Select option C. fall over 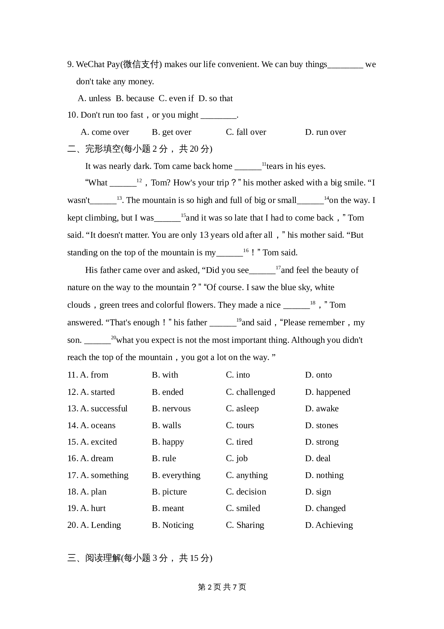[x=246, y=132]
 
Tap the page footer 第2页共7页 [x=222, y=587]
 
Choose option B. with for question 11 [x=165, y=375]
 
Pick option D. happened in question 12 [x=328, y=392]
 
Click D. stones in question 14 [x=322, y=425]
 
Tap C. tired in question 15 [x=239, y=442]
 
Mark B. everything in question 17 [x=176, y=475]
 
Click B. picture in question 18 [x=169, y=492]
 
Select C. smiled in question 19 [x=243, y=508]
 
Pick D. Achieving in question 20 [x=329, y=525]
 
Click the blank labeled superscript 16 [x=230, y=253]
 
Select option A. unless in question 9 [x=94, y=98]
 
